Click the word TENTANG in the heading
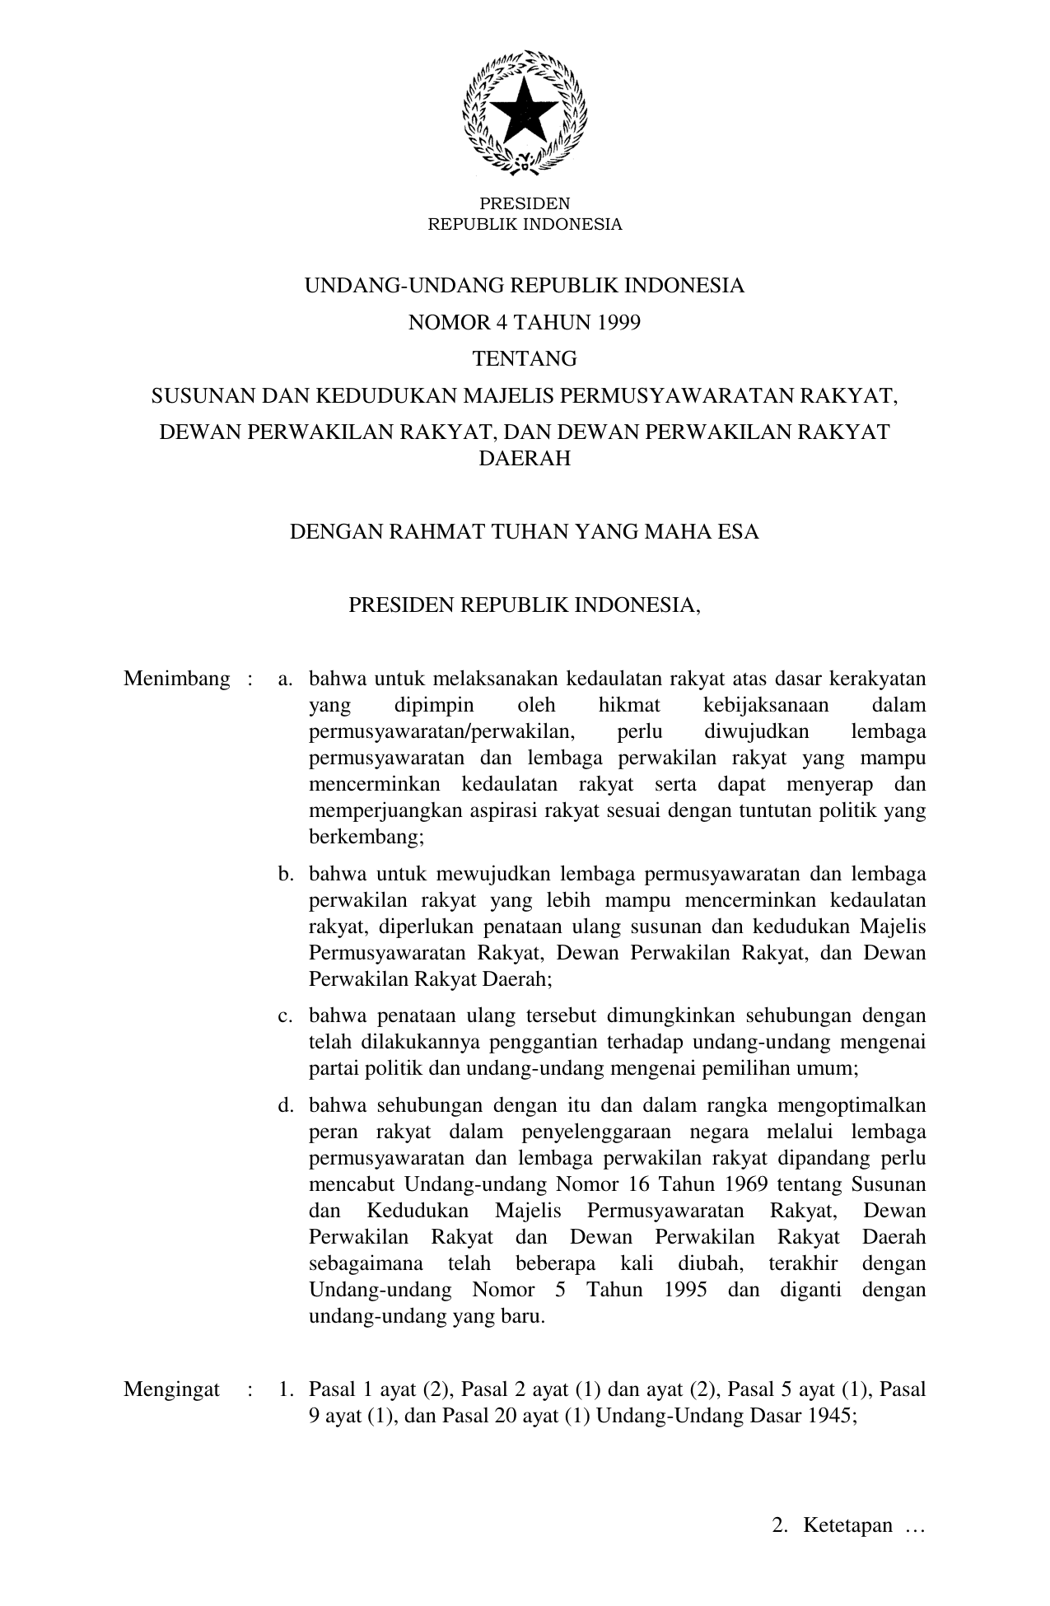pyautogui.click(x=525, y=359)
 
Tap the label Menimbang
pyautogui.click(x=176, y=679)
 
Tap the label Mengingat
pyautogui.click(x=171, y=1389)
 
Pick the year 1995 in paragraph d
pyautogui.click(x=684, y=1290)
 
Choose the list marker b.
pyautogui.click(x=286, y=874)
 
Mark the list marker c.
pyautogui.click(x=286, y=1016)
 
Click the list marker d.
pyautogui.click(x=286, y=1105)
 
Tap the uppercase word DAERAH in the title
pyautogui.click(x=525, y=460)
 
